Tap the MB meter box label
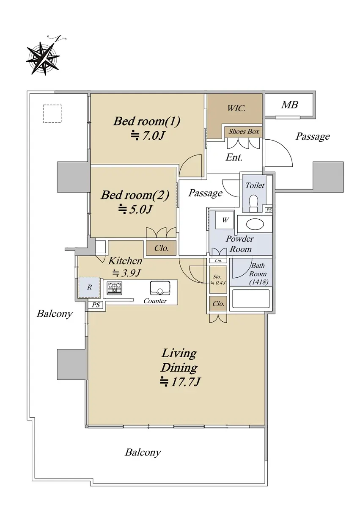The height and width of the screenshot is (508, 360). point(289,105)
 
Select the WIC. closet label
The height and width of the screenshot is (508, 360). point(236,108)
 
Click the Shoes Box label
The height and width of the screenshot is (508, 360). point(244,131)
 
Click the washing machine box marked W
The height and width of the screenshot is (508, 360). point(225,220)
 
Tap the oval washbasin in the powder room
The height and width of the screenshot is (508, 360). point(255,224)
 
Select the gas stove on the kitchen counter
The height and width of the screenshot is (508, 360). point(114,288)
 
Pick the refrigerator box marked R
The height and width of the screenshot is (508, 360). point(89,287)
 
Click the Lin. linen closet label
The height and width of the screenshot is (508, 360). point(218,261)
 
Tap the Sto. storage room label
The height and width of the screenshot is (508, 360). point(217,277)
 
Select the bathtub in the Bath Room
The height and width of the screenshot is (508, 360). point(251,299)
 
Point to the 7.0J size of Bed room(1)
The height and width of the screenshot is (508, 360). point(148,135)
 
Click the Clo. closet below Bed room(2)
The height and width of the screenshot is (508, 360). point(161,248)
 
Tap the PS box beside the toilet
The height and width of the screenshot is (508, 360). point(269,210)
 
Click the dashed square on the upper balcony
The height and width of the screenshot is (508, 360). point(52,113)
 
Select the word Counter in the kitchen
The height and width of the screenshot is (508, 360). point(155,301)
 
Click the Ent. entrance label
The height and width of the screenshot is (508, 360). point(234,157)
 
